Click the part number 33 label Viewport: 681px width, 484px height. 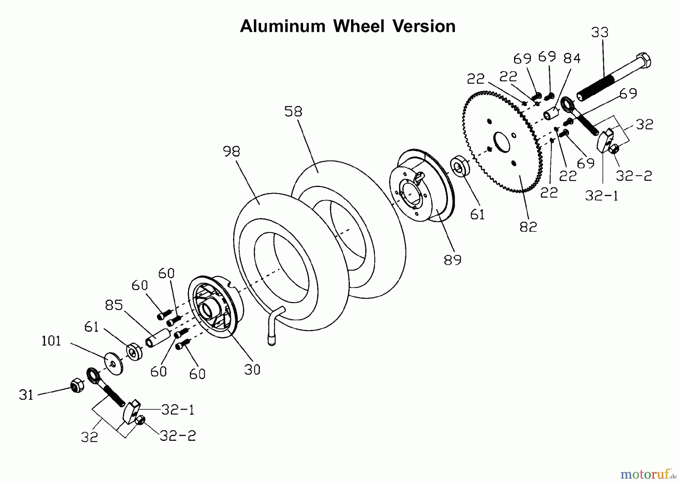[600, 33]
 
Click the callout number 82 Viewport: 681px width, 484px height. [528, 227]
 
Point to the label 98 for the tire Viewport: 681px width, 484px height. [231, 152]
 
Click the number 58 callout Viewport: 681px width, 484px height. [293, 111]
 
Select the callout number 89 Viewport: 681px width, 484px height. [452, 260]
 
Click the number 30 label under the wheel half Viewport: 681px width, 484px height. [252, 370]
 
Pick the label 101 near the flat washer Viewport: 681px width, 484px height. [51, 341]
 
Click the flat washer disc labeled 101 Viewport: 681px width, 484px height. [113, 363]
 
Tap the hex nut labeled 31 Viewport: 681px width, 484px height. [77, 385]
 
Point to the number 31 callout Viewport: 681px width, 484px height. [26, 395]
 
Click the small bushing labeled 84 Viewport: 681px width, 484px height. [551, 113]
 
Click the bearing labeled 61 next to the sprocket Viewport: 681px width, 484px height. [459, 165]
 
